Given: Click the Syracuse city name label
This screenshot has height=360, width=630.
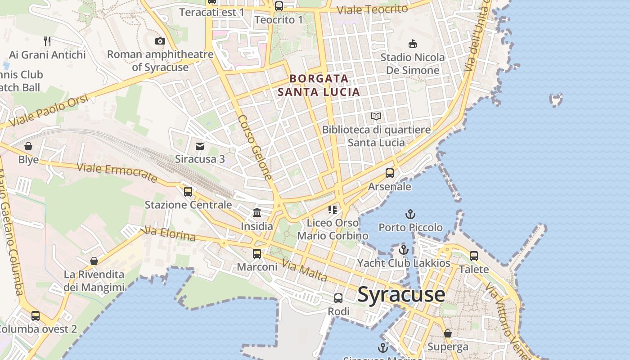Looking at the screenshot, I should tap(401, 295).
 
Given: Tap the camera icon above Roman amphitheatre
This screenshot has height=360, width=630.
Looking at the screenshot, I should tap(160, 41).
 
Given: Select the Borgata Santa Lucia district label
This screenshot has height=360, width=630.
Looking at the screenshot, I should tap(319, 85).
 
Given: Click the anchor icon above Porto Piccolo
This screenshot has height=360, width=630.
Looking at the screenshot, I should tap(410, 214).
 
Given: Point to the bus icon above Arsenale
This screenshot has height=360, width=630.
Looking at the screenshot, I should tap(390, 173).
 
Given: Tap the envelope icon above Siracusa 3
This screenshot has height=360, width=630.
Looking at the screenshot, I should tap(200, 146).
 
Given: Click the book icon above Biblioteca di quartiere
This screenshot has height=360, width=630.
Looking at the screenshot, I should tap(376, 117).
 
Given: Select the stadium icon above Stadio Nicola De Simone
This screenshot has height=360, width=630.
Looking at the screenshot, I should tap(412, 44).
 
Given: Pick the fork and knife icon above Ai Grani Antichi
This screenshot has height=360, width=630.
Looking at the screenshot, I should tap(47, 41).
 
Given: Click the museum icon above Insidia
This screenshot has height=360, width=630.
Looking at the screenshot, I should tap(257, 212).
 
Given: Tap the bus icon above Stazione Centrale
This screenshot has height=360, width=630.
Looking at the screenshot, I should tap(188, 192).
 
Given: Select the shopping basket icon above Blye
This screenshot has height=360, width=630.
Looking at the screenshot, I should tap(28, 146).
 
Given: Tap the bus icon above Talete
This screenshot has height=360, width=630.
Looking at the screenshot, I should tap(474, 256).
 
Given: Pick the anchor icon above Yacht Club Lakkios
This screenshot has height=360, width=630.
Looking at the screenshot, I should tap(404, 250).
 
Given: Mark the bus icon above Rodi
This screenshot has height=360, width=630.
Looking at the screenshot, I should tap(338, 298).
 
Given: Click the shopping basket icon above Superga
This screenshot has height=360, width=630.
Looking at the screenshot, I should tap(448, 333).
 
